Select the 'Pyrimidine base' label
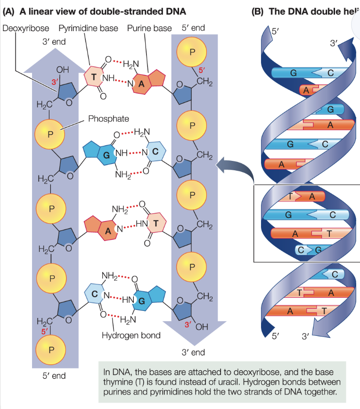(88, 28)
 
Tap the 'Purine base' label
(149, 28)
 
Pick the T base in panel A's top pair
(94, 77)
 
